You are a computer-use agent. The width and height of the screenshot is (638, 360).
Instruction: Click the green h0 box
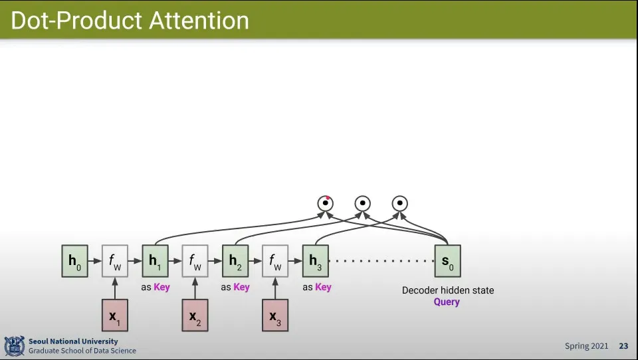(74, 260)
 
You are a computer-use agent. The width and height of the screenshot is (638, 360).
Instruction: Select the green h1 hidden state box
(155, 260)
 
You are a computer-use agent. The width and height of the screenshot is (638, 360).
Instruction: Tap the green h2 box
(235, 260)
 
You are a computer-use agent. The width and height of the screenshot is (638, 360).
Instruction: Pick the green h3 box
(315, 260)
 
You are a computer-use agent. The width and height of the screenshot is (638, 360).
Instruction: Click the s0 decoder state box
(447, 260)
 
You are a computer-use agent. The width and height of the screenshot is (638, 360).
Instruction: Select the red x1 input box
(114, 315)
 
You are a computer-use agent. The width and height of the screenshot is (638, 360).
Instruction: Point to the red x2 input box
(195, 315)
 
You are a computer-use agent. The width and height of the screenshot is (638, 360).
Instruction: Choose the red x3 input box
(275, 315)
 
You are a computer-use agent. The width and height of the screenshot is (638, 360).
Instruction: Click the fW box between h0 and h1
(114, 260)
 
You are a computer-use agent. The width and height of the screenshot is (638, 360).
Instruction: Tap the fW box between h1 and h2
(195, 260)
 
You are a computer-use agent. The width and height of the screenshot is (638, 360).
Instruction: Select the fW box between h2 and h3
(275, 260)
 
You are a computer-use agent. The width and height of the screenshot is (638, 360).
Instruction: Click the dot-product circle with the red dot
(325, 203)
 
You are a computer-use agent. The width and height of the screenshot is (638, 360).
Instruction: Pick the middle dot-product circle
(362, 203)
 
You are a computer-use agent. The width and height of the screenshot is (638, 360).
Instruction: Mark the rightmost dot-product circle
(399, 203)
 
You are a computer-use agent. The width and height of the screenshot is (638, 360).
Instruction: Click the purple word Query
(447, 302)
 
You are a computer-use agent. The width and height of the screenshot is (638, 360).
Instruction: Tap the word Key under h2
(241, 288)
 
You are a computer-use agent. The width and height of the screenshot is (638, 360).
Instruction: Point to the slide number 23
(623, 346)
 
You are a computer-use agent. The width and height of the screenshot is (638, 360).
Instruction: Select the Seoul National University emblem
(14, 345)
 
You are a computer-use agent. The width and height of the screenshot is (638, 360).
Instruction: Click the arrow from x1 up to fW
(114, 288)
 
